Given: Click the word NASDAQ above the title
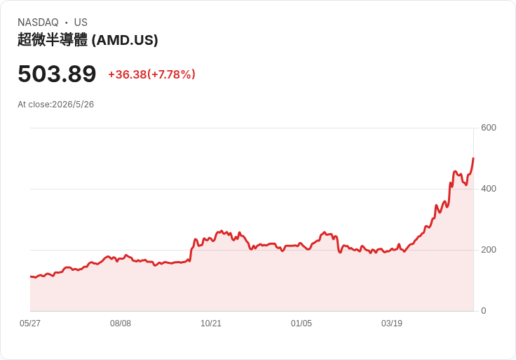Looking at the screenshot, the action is point(38,22).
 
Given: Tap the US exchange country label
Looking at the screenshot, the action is point(81,22).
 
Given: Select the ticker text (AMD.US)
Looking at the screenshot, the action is point(125,40).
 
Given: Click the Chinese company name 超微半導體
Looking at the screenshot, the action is point(53,40).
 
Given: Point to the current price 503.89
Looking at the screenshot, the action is point(57,74).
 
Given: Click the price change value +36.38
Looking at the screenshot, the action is point(128,74).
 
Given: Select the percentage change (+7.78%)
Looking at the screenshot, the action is point(172,74).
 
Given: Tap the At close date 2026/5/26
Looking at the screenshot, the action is point(73,105).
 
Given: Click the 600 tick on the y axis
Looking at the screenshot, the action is point(489,128).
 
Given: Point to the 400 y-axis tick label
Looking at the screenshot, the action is point(489,189).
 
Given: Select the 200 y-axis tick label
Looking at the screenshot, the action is point(489,250).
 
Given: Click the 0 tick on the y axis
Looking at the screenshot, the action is point(484,311).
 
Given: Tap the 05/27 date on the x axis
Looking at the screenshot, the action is point(30,323).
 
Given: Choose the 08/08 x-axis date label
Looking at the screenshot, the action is point(121,323).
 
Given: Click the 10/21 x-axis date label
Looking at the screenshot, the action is point(211,323).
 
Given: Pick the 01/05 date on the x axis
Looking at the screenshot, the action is point(301,323).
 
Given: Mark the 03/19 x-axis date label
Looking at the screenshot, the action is point(392,323).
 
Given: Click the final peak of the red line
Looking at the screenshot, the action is point(473,159).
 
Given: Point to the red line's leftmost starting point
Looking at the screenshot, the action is point(31,276).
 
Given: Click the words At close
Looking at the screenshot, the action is point(34,105).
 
